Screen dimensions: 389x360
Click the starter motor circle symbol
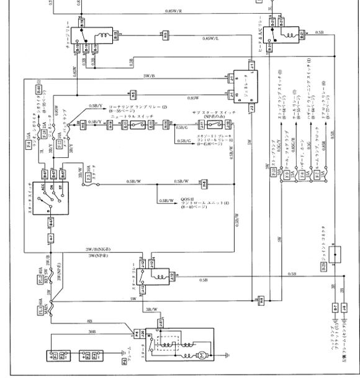202,355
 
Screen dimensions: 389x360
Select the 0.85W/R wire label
173,11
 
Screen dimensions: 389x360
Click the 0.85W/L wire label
211,39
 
